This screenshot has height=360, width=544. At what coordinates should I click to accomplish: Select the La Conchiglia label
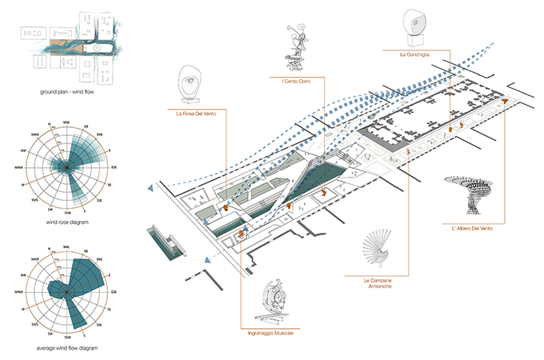tap(415, 54)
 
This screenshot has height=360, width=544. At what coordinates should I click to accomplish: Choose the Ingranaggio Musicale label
tap(271, 332)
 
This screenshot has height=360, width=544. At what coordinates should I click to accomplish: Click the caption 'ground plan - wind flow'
tap(66, 93)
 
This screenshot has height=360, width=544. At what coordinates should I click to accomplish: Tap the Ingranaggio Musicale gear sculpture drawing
tap(271, 301)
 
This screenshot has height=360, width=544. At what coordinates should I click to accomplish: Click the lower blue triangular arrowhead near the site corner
tap(207, 261)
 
